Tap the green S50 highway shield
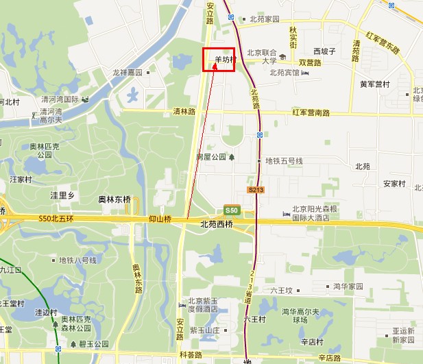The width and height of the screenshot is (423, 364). pos(231,210)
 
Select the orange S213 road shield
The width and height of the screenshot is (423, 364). pos(256,189)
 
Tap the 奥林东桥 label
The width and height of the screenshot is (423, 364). pos(114,199)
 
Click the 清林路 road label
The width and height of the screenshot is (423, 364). pos(184,111)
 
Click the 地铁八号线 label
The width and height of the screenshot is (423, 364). pos(77,260)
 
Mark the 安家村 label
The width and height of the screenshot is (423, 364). pos(395,184)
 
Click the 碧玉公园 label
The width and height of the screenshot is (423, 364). pos(94,344)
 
